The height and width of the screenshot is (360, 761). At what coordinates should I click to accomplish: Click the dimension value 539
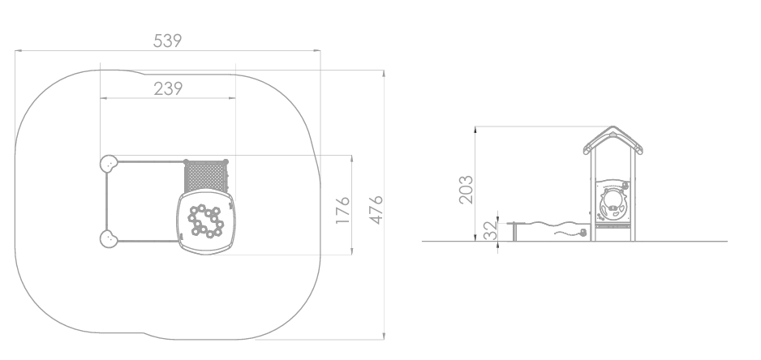coord(167,41)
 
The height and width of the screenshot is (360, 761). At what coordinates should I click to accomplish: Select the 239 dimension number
coord(168,89)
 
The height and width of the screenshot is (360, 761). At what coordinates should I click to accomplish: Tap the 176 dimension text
coord(342,210)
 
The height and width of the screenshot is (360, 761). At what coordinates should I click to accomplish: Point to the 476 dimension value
coord(376,210)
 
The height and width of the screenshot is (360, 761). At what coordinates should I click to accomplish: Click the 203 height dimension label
coord(466,190)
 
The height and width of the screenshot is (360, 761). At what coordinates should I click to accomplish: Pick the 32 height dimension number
coord(491,230)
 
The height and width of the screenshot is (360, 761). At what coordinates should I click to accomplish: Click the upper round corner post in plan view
coord(109,164)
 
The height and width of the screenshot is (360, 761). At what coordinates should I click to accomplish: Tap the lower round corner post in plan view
coord(109,239)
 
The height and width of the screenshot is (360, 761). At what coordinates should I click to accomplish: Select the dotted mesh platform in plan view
coord(205,176)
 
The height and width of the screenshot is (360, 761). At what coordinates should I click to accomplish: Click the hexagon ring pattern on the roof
coord(206,221)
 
